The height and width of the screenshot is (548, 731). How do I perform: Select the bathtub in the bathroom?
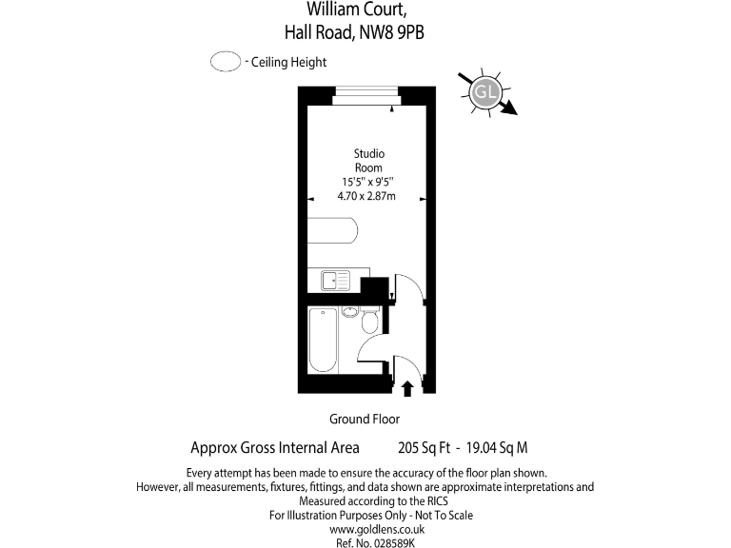(x=323, y=341)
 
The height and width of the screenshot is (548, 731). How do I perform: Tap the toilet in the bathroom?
(x=370, y=321)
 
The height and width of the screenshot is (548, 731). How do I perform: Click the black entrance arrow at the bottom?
(x=408, y=387)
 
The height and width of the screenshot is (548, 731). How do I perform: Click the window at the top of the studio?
(x=365, y=92)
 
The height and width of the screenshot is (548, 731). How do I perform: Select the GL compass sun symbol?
(x=485, y=92)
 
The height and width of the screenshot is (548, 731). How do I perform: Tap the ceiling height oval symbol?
(x=225, y=63)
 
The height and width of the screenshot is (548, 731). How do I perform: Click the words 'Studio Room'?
(x=369, y=161)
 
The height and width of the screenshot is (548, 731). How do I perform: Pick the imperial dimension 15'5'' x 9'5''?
(x=368, y=182)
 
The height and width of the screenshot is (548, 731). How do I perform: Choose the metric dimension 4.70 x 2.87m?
(x=366, y=196)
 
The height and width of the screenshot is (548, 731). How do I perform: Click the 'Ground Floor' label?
(x=365, y=419)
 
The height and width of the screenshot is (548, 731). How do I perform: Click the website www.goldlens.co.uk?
(x=377, y=529)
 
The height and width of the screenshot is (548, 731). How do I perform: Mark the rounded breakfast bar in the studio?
(x=334, y=231)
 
